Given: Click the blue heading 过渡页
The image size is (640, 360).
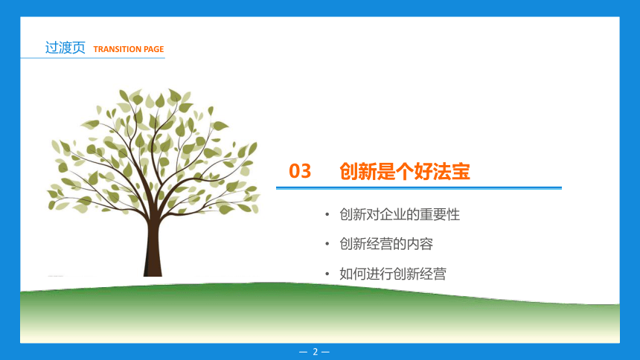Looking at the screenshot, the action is click(x=65, y=48).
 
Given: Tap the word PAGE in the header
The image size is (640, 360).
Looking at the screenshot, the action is click(x=154, y=49).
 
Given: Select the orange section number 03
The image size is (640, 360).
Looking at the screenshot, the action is click(x=300, y=171).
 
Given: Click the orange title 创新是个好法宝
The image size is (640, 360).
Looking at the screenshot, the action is click(x=405, y=171).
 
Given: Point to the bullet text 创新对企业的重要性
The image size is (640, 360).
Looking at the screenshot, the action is click(x=400, y=214).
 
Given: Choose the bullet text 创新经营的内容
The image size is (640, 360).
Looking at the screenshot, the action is click(x=386, y=244).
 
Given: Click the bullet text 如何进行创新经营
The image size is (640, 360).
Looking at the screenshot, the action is click(x=393, y=274).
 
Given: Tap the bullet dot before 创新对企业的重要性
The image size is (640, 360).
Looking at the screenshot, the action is click(x=327, y=214).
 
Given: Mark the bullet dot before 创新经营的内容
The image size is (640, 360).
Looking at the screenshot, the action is click(x=327, y=244).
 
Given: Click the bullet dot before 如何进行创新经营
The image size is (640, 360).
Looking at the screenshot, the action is click(x=327, y=274).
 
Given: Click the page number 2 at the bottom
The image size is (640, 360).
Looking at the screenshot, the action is click(x=315, y=351).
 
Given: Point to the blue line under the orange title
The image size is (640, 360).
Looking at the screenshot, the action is click(x=419, y=187).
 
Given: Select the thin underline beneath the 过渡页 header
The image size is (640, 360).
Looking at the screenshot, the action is click(x=93, y=58).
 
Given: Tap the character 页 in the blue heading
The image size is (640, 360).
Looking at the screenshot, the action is click(x=79, y=48).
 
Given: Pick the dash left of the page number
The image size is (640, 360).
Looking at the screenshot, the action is click(x=303, y=352).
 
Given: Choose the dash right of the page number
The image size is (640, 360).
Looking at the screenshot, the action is click(x=325, y=352).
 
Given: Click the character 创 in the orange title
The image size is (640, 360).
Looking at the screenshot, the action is click(x=349, y=171).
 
